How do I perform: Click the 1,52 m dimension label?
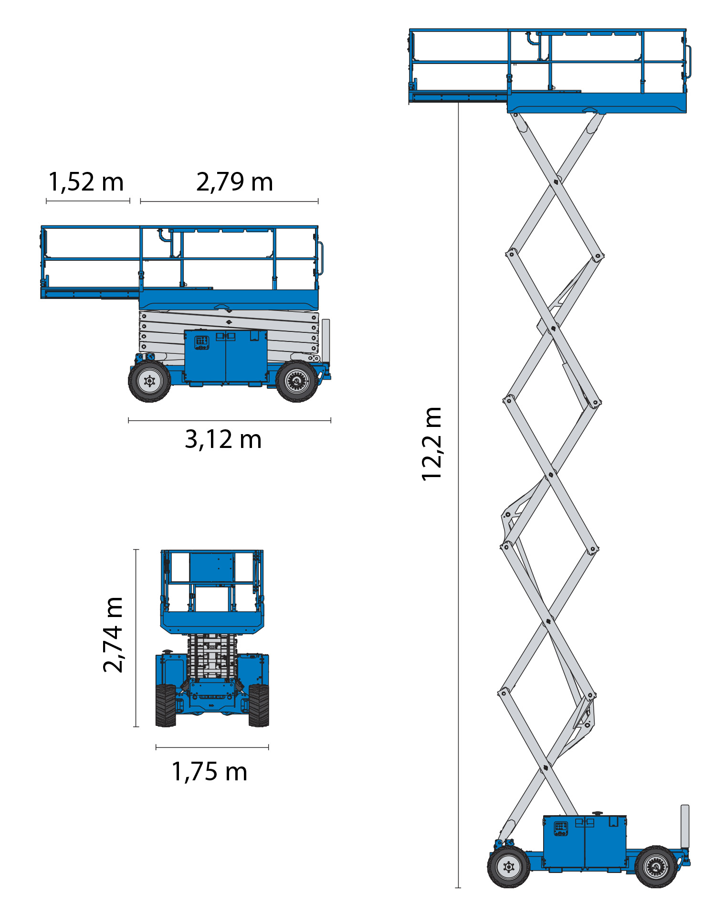(x=86, y=182)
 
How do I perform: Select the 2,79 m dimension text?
(x=234, y=182)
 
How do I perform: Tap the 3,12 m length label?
(x=223, y=439)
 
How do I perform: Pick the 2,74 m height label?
(x=114, y=635)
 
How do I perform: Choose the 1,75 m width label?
(x=210, y=772)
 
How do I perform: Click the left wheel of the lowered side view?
(x=149, y=381)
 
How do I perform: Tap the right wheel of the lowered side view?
(x=297, y=381)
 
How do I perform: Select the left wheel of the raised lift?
(x=509, y=867)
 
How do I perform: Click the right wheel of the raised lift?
(x=656, y=867)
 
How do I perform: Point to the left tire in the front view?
(x=166, y=705)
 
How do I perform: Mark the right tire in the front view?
(x=259, y=705)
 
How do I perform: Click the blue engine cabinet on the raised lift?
(x=585, y=843)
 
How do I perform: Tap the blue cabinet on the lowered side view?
(x=226, y=356)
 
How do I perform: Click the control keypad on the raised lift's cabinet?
(x=561, y=828)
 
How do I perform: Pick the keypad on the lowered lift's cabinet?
(x=202, y=342)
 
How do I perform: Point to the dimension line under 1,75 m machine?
(x=212, y=747)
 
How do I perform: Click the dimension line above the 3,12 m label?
(x=230, y=421)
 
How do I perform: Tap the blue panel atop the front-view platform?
(x=212, y=567)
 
